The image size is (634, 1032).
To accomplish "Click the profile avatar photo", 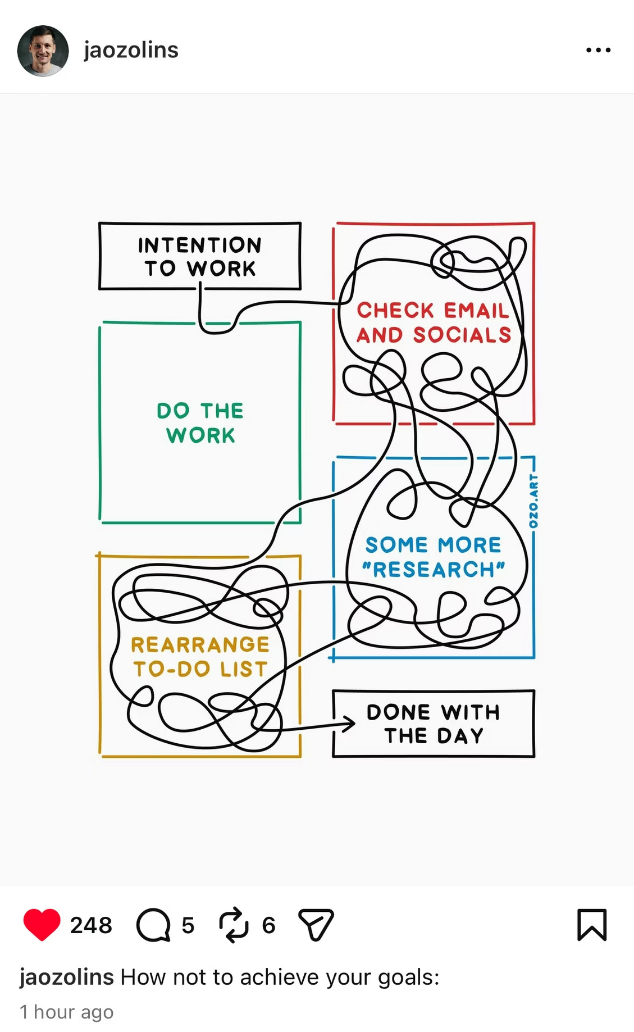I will (43, 51).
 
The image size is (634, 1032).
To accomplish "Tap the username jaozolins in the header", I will (131, 50).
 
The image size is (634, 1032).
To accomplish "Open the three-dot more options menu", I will (598, 50).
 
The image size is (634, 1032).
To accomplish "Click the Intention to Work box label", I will (200, 256).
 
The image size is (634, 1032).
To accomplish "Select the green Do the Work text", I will (200, 422).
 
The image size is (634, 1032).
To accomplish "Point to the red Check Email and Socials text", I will (434, 322).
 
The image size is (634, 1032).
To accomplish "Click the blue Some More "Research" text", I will (433, 557).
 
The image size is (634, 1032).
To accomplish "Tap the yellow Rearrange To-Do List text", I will (200, 656).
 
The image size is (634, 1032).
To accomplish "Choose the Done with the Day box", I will (433, 724).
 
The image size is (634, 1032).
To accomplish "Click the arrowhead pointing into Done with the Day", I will (350, 724).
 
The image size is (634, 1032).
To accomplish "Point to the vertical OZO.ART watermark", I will (533, 501).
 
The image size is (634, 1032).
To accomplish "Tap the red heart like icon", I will (42, 924).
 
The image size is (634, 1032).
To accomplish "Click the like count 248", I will (91, 925).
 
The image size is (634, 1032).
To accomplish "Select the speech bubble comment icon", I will (153, 925).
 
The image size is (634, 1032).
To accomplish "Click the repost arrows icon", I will (234, 924).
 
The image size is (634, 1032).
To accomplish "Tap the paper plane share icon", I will (316, 924).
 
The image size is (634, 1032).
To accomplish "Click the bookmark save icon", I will (592, 924).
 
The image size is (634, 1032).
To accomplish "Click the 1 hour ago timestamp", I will (67, 1012).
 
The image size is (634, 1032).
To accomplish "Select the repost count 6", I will (269, 925).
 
